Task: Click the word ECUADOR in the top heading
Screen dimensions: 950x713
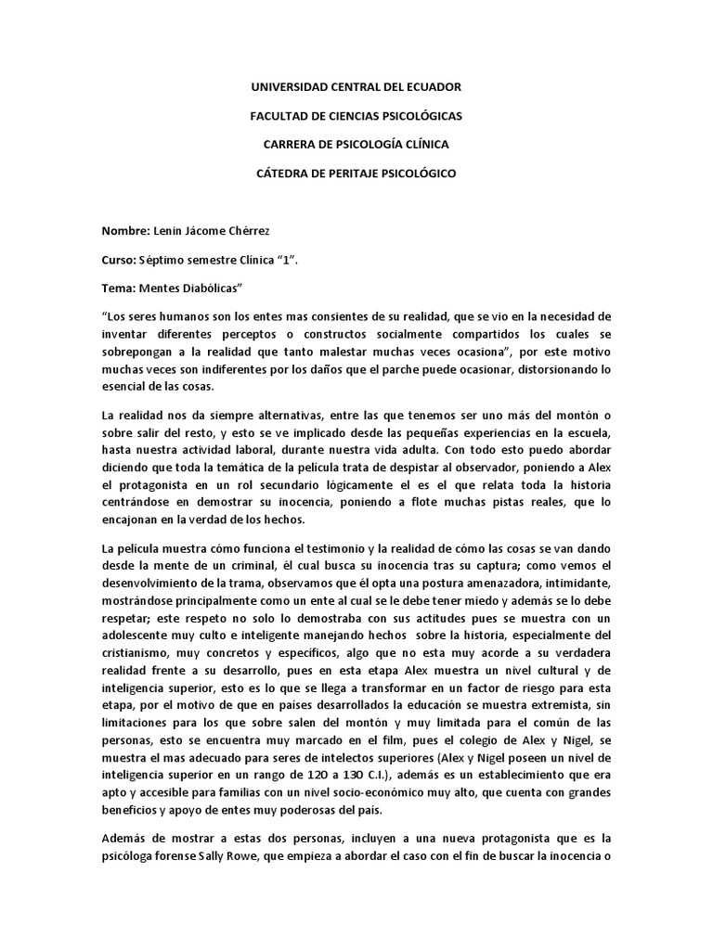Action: click(431, 86)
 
